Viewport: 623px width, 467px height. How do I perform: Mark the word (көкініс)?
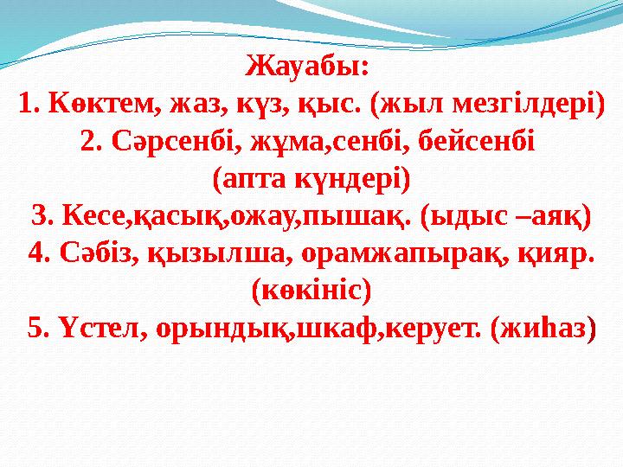311,290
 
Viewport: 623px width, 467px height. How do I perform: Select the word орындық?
204,328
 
